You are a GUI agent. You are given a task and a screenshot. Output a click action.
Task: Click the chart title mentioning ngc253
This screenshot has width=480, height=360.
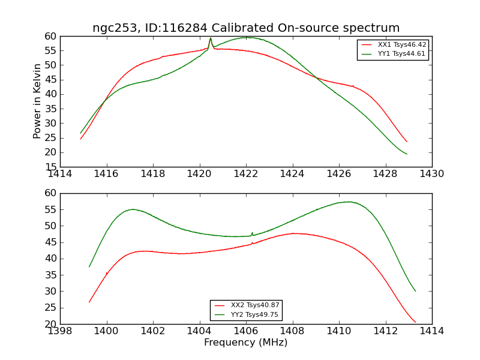246,28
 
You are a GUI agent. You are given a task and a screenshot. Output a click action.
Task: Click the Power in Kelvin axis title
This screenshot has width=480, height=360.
37,101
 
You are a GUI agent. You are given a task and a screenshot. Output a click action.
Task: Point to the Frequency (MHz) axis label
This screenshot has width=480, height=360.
246,343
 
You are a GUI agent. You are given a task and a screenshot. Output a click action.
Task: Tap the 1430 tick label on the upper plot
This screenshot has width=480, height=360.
431,173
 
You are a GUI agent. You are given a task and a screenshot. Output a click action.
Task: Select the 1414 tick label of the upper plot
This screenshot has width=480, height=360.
60,173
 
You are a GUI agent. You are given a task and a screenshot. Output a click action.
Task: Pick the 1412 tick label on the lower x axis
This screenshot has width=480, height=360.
385,331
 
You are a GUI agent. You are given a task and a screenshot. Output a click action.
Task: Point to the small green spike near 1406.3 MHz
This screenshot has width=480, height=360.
252,233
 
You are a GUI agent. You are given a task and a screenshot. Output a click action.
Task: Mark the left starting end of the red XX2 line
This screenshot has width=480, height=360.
89,302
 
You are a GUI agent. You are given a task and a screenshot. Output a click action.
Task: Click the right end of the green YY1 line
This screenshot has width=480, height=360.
407,154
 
